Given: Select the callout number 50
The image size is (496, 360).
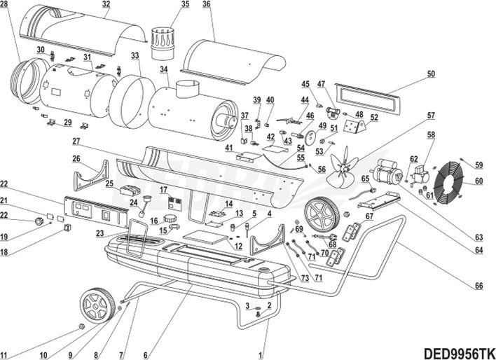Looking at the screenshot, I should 431,74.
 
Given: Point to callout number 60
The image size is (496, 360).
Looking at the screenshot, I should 479,181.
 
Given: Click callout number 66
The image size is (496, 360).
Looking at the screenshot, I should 479,285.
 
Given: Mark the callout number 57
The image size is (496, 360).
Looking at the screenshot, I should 432,116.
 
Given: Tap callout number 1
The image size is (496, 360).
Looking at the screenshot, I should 260,354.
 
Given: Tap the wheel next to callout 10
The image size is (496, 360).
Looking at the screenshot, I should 96,305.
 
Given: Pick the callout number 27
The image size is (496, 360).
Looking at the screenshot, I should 76,141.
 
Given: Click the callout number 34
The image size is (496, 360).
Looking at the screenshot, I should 163,69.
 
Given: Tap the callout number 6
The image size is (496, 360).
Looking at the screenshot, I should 145,354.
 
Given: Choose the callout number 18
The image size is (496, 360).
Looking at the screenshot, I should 4,252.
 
